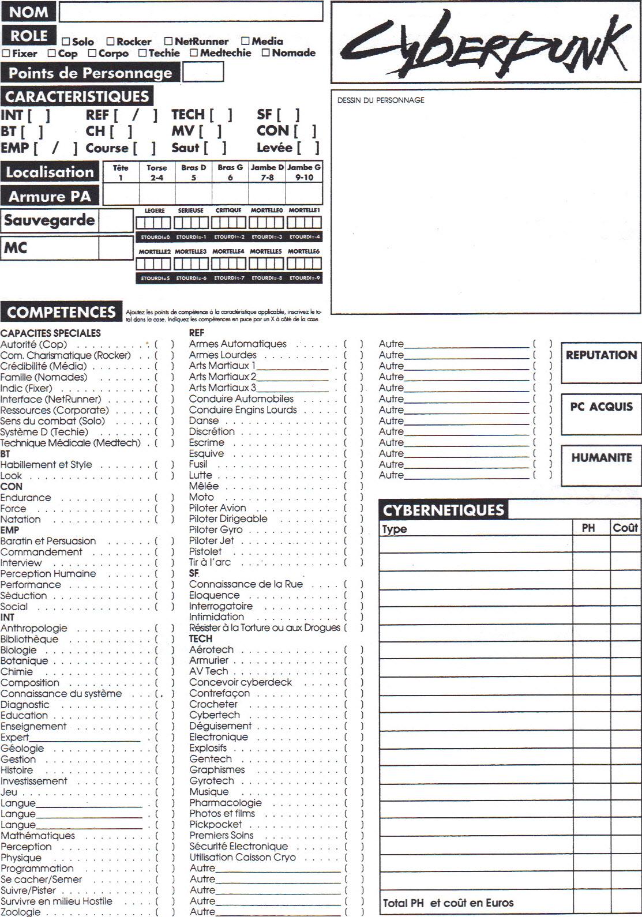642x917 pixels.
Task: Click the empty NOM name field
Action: click(x=190, y=12)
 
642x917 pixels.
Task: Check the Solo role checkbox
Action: click(x=66, y=42)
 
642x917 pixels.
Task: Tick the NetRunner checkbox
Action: click(x=168, y=41)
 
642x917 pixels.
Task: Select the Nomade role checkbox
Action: click(x=266, y=52)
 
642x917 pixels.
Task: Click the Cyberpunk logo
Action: click(x=486, y=43)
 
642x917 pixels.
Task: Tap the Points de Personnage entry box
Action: click(x=202, y=73)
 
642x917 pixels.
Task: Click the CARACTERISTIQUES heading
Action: click(x=77, y=96)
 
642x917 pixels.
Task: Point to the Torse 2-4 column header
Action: click(x=156, y=172)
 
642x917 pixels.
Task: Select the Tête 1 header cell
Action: click(x=121, y=172)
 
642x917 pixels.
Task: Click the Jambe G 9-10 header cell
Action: click(x=304, y=172)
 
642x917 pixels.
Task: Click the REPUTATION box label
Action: click(x=601, y=355)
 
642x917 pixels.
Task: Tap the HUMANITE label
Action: click(x=601, y=458)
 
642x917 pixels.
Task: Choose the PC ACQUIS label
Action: click(x=601, y=407)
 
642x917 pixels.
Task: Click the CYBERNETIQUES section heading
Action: click(x=443, y=510)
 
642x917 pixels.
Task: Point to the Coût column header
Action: click(x=625, y=528)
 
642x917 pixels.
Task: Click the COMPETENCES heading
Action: click(x=61, y=312)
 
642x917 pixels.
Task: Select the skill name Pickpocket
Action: click(x=215, y=825)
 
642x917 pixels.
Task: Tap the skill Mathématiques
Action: click(x=37, y=836)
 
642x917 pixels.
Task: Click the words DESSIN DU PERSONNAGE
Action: click(x=381, y=100)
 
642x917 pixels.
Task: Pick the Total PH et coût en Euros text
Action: click(x=448, y=903)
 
